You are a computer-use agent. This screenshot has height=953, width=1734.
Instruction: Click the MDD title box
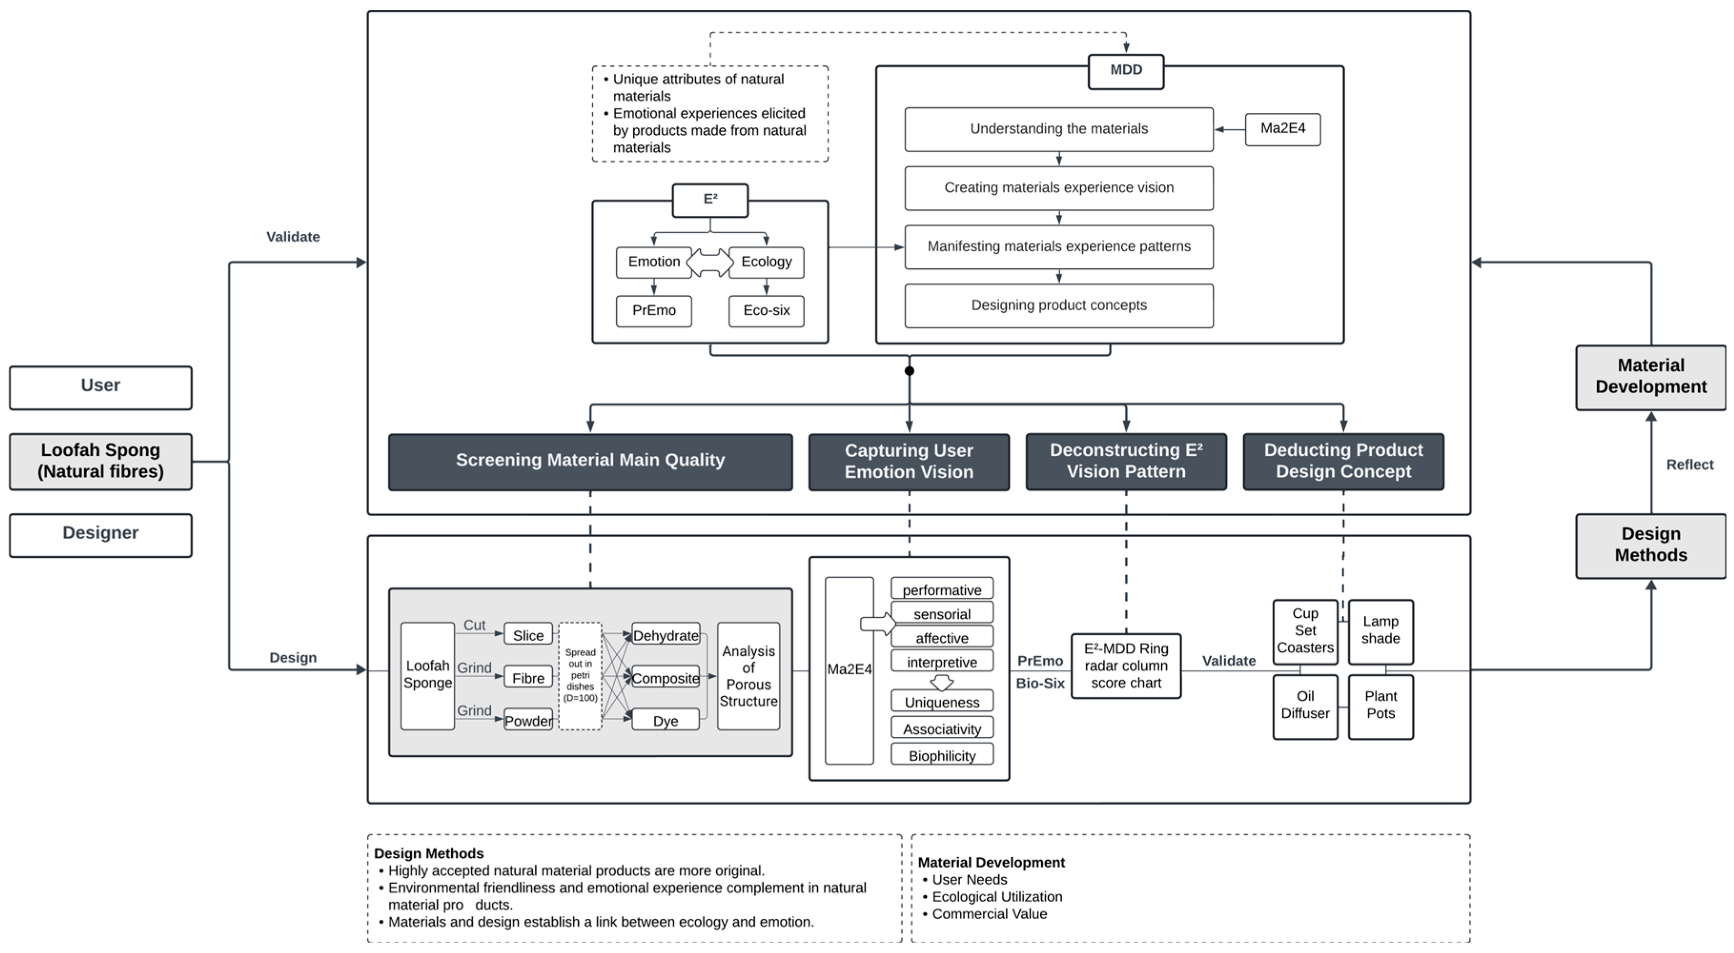pyautogui.click(x=1126, y=70)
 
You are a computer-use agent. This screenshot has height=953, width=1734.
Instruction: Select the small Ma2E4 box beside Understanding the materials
pyautogui.click(x=1282, y=129)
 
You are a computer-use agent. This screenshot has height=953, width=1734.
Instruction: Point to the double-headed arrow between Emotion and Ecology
pyautogui.click(x=710, y=262)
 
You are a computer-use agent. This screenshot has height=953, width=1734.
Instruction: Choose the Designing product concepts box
pyautogui.click(x=1058, y=306)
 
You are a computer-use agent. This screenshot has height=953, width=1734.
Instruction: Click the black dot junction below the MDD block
pyautogui.click(x=909, y=371)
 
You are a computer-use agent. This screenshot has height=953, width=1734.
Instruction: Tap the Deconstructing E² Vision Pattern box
pyautogui.click(x=1126, y=461)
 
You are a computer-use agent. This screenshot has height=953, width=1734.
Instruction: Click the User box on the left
pyautogui.click(x=100, y=387)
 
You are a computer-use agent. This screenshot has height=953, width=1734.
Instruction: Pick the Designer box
pyautogui.click(x=100, y=534)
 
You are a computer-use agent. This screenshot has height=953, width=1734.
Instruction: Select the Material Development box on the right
pyautogui.click(x=1651, y=377)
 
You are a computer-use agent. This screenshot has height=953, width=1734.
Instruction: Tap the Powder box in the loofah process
pyautogui.click(x=528, y=720)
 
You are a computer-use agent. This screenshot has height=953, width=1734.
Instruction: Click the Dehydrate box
pyautogui.click(x=665, y=635)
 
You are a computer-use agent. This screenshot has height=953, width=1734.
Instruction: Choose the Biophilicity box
pyautogui.click(x=941, y=755)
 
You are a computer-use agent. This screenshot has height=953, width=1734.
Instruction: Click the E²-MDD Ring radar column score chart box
pyautogui.click(x=1126, y=666)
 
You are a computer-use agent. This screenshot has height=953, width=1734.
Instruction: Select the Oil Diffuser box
pyautogui.click(x=1305, y=706)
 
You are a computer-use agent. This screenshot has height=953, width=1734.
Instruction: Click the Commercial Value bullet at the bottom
pyautogui.click(x=989, y=914)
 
